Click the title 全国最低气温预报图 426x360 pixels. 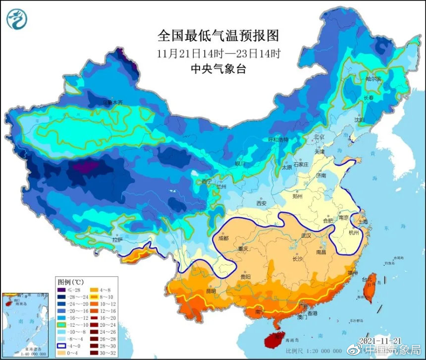coord(218,36)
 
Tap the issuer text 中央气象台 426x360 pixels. coord(218,68)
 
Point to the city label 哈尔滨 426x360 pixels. coord(373,79)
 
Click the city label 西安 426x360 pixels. coord(262,203)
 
